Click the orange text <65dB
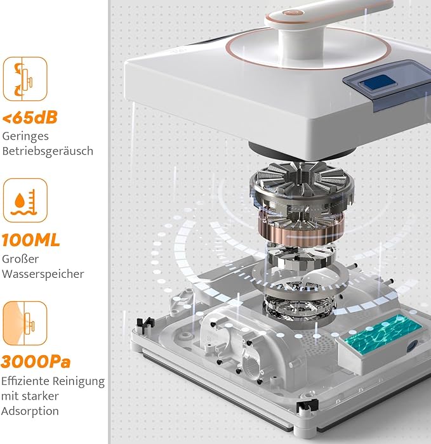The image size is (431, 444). (30, 117)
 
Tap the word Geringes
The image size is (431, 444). (25, 136)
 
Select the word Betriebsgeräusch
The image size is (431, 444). (48, 151)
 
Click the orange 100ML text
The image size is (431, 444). (30, 240)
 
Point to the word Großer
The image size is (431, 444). (20, 259)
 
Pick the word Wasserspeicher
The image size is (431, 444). (43, 274)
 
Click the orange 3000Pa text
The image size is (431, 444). (35, 362)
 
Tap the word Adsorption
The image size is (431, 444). (30, 411)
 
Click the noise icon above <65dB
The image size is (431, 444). (25, 79)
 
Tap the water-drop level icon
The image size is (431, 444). (25, 200)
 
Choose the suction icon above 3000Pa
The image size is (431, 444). (25, 323)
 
